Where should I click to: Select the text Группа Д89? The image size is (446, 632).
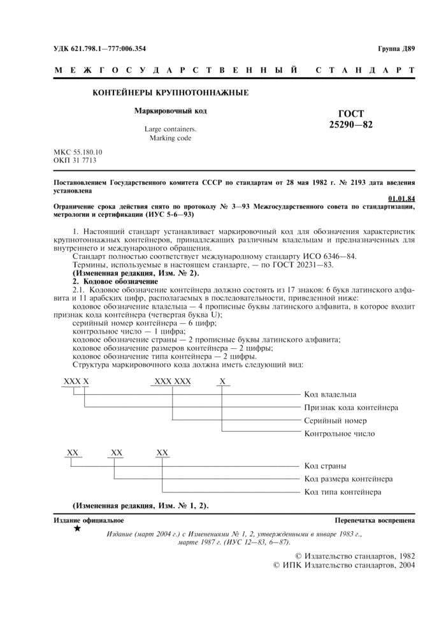pos(396,48)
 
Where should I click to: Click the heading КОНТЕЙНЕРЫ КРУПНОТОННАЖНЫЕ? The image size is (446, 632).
pos(171,93)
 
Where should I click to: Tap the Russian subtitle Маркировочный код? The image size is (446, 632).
pos(170,111)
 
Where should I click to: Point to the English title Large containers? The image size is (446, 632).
pos(170,128)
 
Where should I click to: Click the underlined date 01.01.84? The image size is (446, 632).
pos(401,198)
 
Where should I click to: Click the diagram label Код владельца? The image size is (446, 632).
pos(330,395)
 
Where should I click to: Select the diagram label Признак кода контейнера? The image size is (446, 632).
pos(351,408)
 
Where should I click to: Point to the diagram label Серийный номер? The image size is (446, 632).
pos(334,421)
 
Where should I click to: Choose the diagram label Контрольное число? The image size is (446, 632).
pos(340,434)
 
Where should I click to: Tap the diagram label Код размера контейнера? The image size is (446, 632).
pos(348,479)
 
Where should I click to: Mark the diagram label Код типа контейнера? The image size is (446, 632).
pos(343,492)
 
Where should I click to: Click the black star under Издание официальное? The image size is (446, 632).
pos(78,529)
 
